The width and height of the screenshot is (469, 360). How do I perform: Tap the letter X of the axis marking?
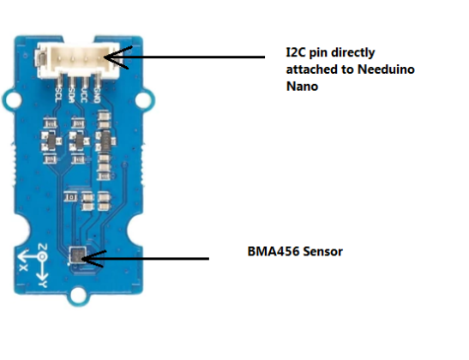point(22,264)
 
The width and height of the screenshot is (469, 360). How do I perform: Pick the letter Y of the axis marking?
point(42,283)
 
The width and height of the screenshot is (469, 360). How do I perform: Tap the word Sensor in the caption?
point(323,253)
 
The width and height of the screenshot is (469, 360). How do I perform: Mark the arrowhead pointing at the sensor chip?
point(89,256)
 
